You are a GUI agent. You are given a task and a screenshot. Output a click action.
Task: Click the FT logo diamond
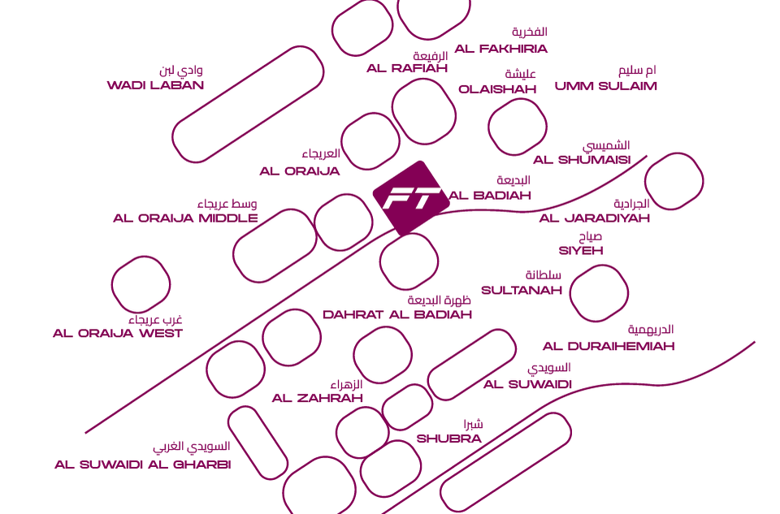tap(411, 197)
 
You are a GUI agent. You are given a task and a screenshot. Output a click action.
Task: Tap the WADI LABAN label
tap(155, 85)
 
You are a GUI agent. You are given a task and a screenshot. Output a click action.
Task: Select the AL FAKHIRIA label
tap(500, 49)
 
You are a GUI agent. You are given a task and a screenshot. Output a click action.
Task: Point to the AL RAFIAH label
tap(407, 68)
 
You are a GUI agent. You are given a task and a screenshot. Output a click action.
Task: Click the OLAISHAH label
tap(497, 89)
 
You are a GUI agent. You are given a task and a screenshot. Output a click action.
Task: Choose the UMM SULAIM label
tap(605, 86)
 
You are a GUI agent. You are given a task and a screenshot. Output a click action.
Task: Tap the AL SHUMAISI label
tap(582, 160)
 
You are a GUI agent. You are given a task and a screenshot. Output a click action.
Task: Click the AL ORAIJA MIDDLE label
tap(185, 218)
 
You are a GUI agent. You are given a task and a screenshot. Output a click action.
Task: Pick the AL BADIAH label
tap(490, 196)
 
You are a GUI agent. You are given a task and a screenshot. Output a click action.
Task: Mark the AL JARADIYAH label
tap(595, 218)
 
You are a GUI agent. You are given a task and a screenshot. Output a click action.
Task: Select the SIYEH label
tap(581, 251)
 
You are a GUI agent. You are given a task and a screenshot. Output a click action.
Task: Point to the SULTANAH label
tap(522, 290)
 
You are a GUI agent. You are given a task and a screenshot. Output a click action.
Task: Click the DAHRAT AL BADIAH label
tap(397, 315)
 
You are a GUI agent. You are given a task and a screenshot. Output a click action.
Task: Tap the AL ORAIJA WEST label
tap(118, 334)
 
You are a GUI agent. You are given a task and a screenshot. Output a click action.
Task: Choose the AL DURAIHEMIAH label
tap(609, 347)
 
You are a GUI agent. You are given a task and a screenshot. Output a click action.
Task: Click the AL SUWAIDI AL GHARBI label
tap(143, 465)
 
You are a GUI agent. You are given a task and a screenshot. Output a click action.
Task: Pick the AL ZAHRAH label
tap(318, 398)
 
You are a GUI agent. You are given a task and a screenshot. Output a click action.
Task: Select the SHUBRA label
tap(449, 438)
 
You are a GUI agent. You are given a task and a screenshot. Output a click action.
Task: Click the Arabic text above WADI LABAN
tap(181, 71)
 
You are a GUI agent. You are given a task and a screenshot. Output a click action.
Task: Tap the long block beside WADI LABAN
tap(248, 104)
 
